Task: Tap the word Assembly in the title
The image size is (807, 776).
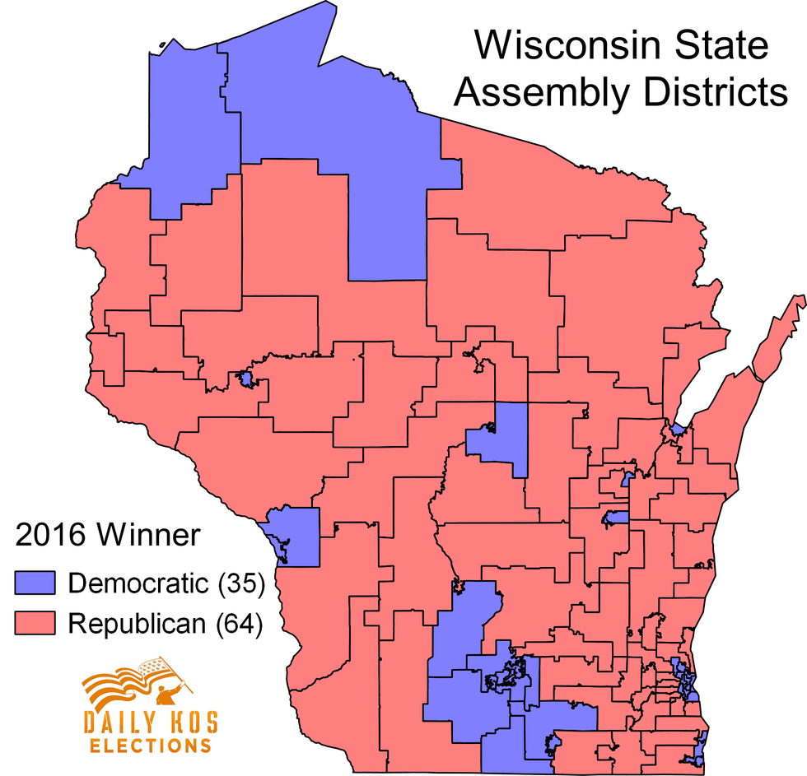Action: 539,93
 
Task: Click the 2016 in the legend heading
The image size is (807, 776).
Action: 50,536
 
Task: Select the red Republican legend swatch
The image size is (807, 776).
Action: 35,624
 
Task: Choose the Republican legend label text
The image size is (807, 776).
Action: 137,624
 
